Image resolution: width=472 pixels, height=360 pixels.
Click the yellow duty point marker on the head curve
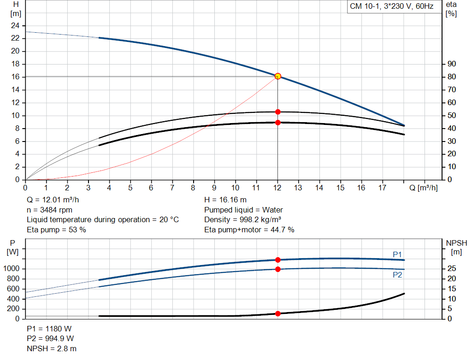tap(277, 76)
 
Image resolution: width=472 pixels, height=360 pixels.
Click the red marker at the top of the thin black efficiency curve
tap(277, 112)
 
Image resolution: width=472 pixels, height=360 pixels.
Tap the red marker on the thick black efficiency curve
tap(277, 123)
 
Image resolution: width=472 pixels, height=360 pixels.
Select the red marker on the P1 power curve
tap(277, 260)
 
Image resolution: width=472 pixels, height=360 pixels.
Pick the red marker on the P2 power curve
tap(277, 269)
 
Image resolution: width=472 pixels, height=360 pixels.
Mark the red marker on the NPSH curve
tap(277, 313)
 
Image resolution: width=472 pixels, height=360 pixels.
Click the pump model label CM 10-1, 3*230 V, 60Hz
tap(391, 7)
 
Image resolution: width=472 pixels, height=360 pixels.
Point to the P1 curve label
tap(397, 254)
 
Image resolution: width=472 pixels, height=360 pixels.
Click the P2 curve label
tap(397, 275)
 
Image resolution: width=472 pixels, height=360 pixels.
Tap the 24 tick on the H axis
tap(15, 25)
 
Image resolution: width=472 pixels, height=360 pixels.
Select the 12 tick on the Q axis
tap(277, 188)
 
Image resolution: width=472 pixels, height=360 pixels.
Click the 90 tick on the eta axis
tap(451, 64)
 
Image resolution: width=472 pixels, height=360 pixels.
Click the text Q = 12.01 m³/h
tap(56, 200)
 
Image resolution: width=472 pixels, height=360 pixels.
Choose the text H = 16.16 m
tap(225, 200)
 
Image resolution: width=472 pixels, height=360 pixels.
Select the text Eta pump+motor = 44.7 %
tap(249, 230)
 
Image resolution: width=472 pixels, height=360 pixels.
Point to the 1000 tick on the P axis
tap(13, 269)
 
